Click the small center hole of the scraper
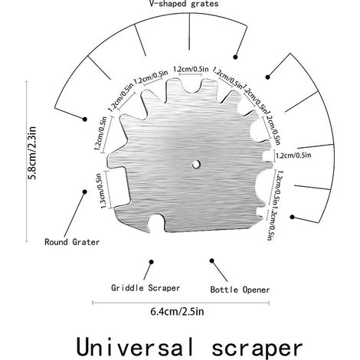pos(196,165)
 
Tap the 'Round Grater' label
pos(72,242)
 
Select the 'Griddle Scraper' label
pos(146,288)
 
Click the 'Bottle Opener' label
pos(240,290)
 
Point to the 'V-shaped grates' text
pos(184,4)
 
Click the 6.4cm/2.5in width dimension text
pos(177,312)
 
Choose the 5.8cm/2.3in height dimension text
pos(33,152)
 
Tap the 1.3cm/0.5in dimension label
pos(100,191)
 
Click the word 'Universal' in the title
pos(135,348)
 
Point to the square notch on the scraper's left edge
pos(118,188)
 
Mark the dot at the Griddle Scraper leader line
pos(152,262)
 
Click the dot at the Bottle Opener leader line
pos(211,260)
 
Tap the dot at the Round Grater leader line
pos(85,191)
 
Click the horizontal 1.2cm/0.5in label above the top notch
pos(191,69)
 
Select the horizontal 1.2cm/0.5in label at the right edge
pos(293,155)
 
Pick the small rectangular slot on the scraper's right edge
pos(267,156)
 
